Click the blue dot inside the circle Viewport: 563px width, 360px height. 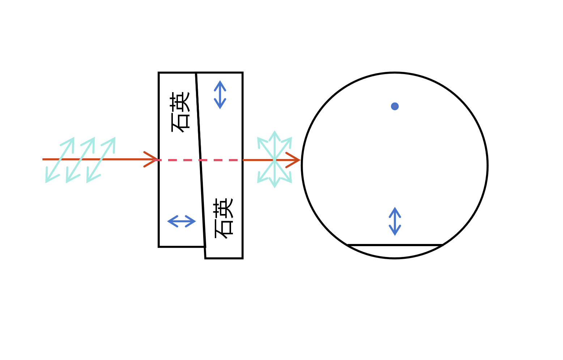(395, 106)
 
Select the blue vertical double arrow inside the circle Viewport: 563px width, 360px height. (395, 221)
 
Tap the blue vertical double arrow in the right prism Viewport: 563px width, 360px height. (220, 95)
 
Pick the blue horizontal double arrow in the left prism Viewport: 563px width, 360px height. (182, 221)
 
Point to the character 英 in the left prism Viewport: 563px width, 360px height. (180, 102)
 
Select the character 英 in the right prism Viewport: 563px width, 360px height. (223, 208)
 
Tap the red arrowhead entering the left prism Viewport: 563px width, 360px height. (151, 159)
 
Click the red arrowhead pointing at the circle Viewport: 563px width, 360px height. (293, 160)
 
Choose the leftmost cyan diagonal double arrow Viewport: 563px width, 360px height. (60, 160)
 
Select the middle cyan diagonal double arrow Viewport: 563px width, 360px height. (80, 160)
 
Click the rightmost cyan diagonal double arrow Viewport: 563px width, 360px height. (101, 160)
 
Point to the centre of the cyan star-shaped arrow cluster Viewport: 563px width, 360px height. (275, 159)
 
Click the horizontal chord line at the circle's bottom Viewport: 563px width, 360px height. (395, 245)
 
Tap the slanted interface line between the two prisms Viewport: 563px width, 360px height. (201, 160)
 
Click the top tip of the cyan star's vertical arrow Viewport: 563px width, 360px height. (275, 131)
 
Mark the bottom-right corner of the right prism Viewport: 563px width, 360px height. (243, 258)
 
